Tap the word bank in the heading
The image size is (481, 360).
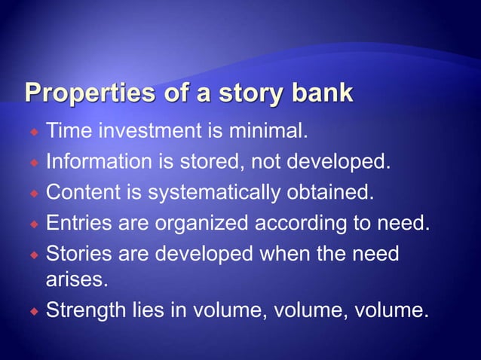pyautogui.click(x=316, y=94)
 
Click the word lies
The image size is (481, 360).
pyautogui.click(x=148, y=310)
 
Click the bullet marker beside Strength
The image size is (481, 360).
pyautogui.click(x=35, y=310)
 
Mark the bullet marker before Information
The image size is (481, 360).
pyautogui.click(x=35, y=163)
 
